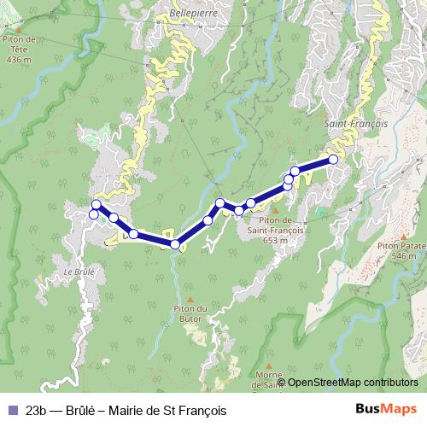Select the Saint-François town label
coord(356,124)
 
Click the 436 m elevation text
coord(18,61)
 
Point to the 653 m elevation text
coord(272,241)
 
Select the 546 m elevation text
coord(402,254)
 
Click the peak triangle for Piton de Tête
coord(18,28)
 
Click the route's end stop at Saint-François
coord(333,159)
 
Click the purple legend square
coord(10,410)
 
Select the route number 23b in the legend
coord(36,410)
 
